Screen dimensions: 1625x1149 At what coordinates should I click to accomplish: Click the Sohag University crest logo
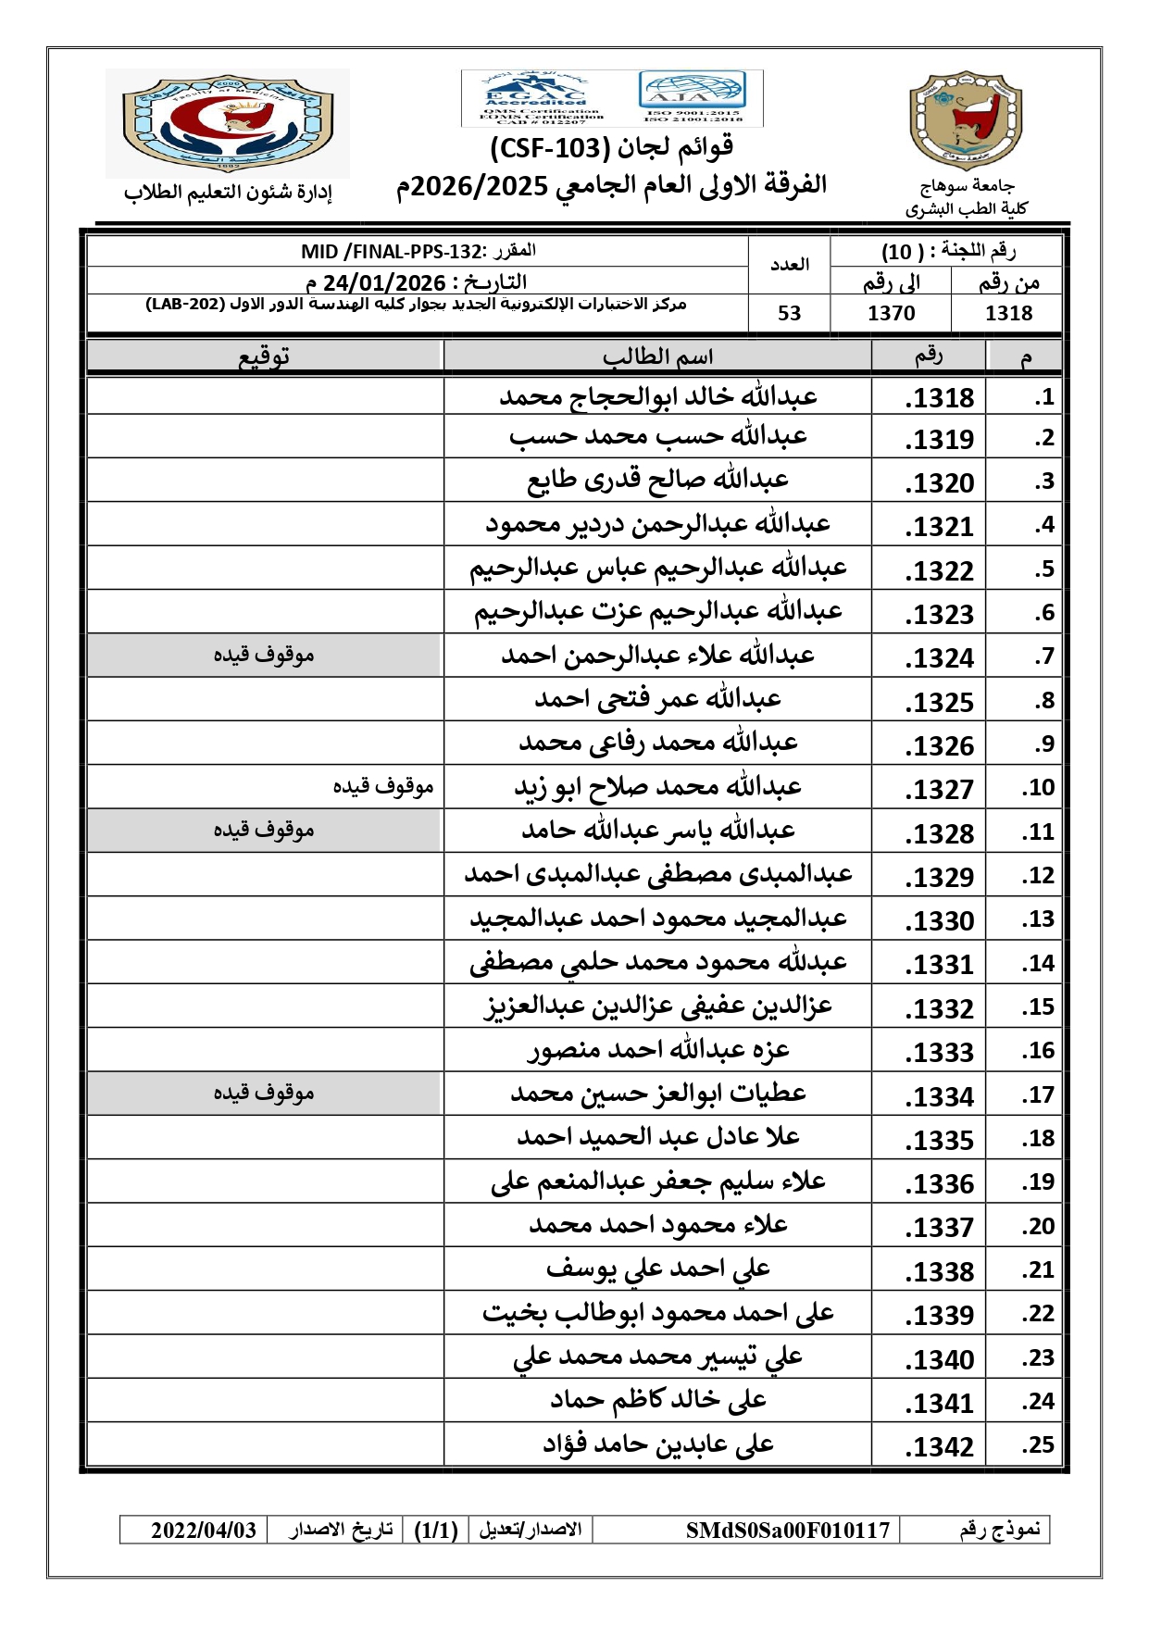click(965, 121)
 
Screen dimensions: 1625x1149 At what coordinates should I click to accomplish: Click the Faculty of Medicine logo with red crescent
click(228, 122)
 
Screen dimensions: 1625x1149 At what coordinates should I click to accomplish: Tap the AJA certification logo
click(693, 97)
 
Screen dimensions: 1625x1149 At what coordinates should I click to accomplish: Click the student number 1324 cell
click(940, 657)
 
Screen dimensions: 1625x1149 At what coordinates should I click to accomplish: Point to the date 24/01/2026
click(384, 282)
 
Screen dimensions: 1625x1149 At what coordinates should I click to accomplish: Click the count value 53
click(789, 313)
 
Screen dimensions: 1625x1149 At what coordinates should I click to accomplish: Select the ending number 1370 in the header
click(891, 313)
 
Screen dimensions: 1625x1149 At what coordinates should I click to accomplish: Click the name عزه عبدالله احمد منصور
click(658, 1050)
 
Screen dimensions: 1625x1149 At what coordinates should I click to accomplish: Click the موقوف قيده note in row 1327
click(383, 786)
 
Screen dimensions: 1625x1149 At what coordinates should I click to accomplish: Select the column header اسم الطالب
click(657, 356)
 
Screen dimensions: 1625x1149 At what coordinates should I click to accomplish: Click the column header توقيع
click(265, 356)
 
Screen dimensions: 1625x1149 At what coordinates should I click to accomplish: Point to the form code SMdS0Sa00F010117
click(787, 1531)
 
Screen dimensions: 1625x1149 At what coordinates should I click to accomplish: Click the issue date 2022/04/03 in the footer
click(204, 1531)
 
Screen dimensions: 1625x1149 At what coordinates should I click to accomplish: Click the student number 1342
click(940, 1446)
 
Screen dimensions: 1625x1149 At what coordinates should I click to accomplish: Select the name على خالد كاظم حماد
click(658, 1400)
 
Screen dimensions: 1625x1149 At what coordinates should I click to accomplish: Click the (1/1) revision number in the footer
click(436, 1531)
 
